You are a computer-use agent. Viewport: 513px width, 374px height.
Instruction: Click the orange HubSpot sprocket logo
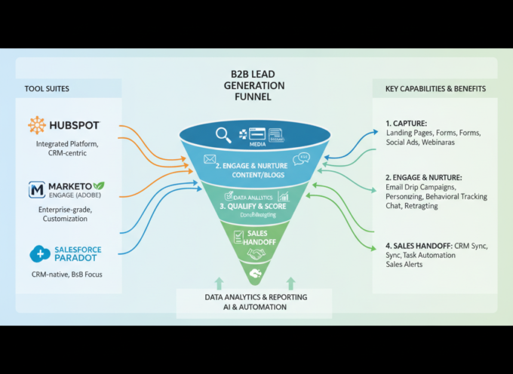(37, 125)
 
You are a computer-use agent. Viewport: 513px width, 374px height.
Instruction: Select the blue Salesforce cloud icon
(40, 254)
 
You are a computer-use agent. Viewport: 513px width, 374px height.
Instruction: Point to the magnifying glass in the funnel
(223, 135)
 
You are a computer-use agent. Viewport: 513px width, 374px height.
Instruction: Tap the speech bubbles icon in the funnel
(303, 159)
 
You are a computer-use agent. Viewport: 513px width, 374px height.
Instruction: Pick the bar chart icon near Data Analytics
(281, 196)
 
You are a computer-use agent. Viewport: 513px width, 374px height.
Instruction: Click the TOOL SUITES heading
(48, 89)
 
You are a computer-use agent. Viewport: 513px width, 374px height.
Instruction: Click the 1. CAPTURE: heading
(407, 122)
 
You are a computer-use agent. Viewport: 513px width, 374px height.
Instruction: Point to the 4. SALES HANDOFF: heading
(419, 244)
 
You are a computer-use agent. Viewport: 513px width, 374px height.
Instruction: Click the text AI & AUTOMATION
(255, 308)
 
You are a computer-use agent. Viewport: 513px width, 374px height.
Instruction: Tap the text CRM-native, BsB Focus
(66, 274)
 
